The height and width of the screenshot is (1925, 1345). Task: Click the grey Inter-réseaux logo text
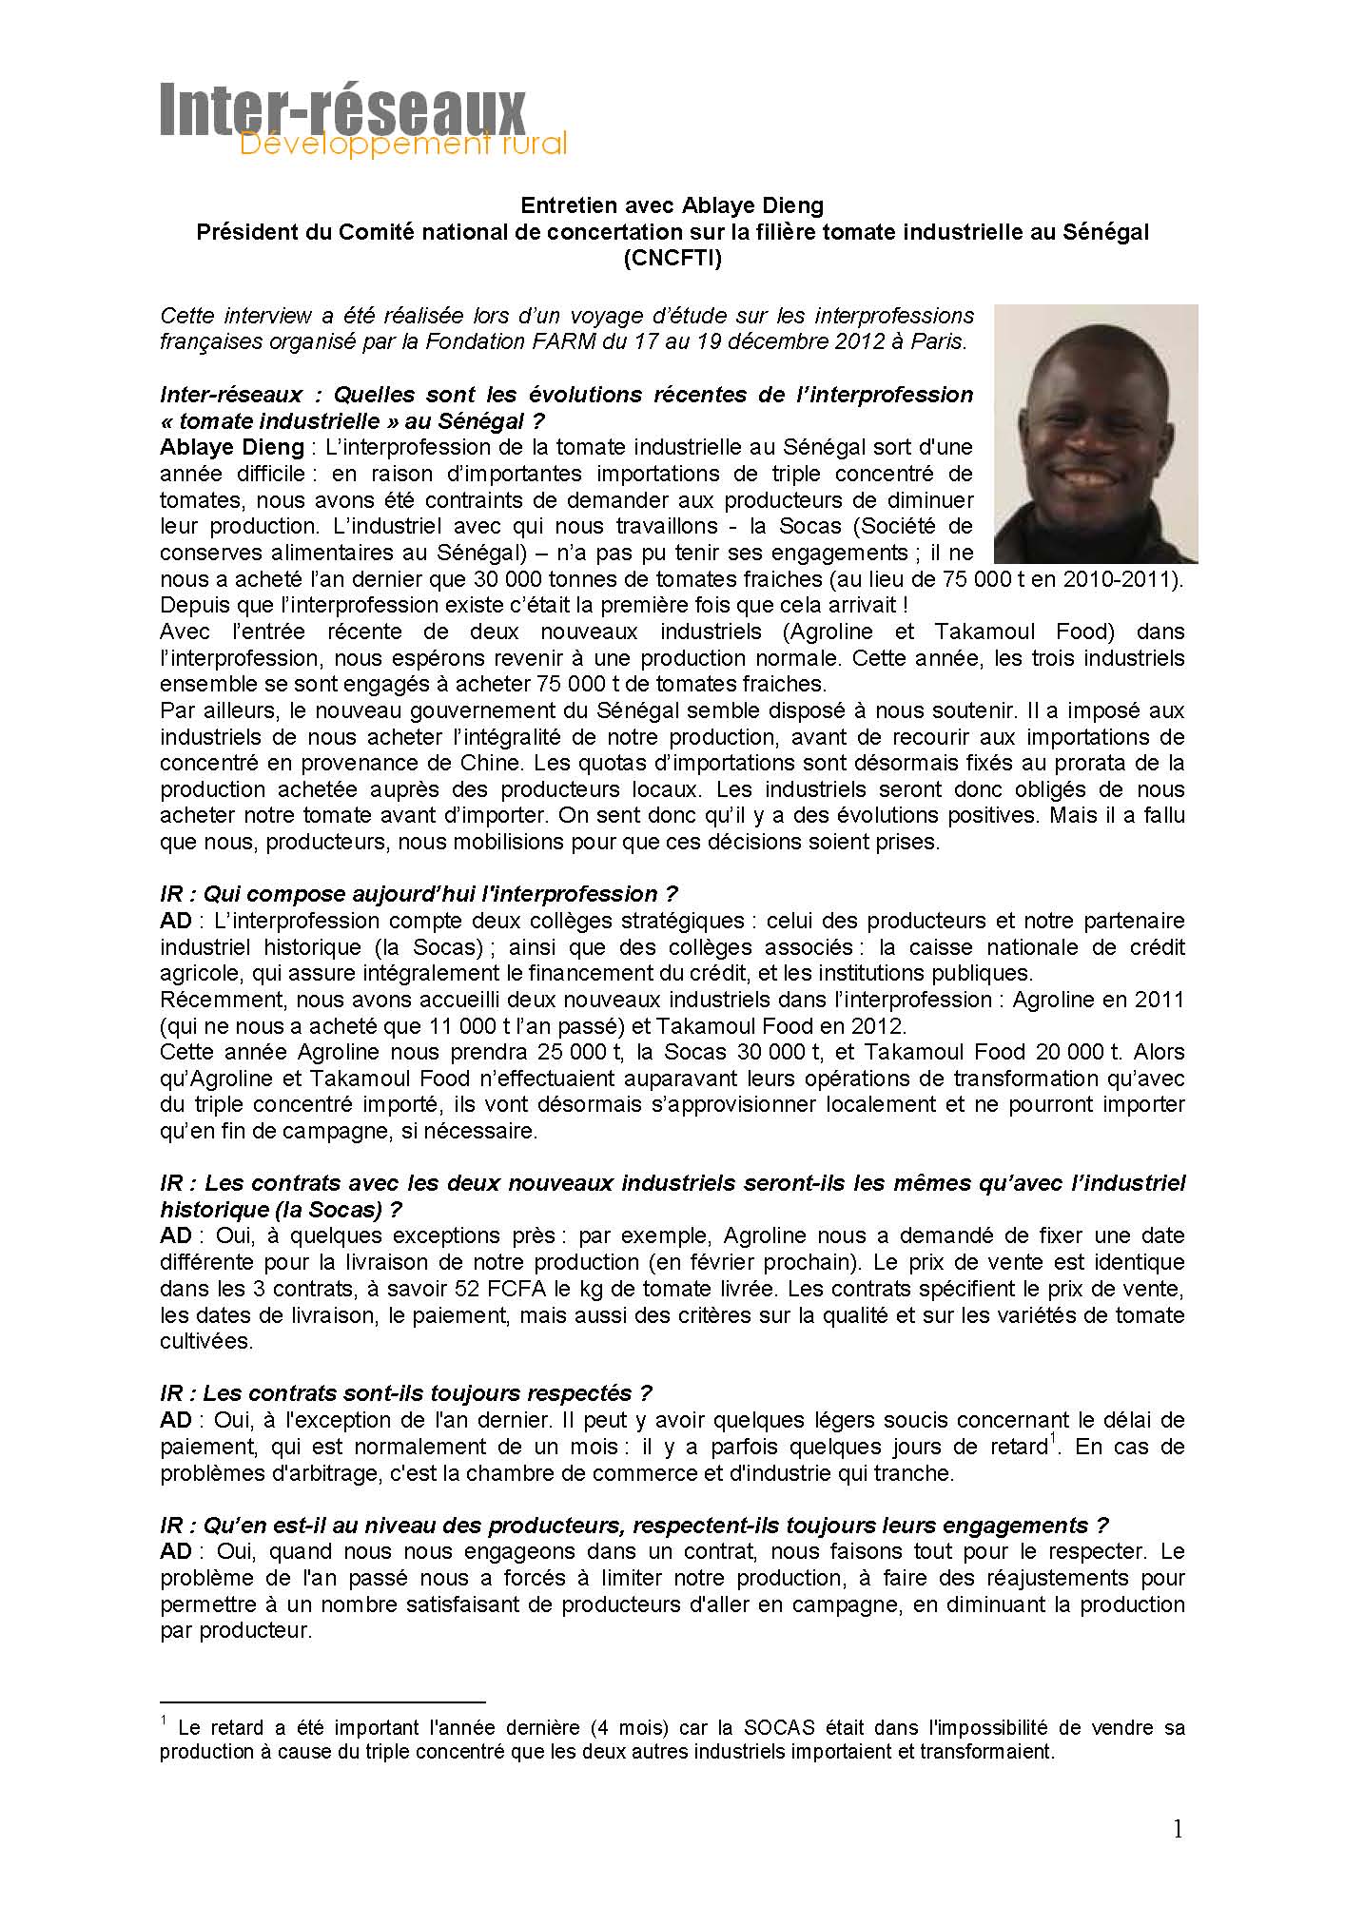342,109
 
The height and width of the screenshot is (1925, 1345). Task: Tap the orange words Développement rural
402,145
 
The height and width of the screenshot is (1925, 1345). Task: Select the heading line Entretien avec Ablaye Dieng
672,205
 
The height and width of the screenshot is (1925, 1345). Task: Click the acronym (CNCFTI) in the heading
672,259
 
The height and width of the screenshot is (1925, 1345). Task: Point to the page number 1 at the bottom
1178,1829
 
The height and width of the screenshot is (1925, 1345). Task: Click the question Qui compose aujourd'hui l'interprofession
419,894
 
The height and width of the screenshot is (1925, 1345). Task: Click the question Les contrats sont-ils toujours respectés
406,1393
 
